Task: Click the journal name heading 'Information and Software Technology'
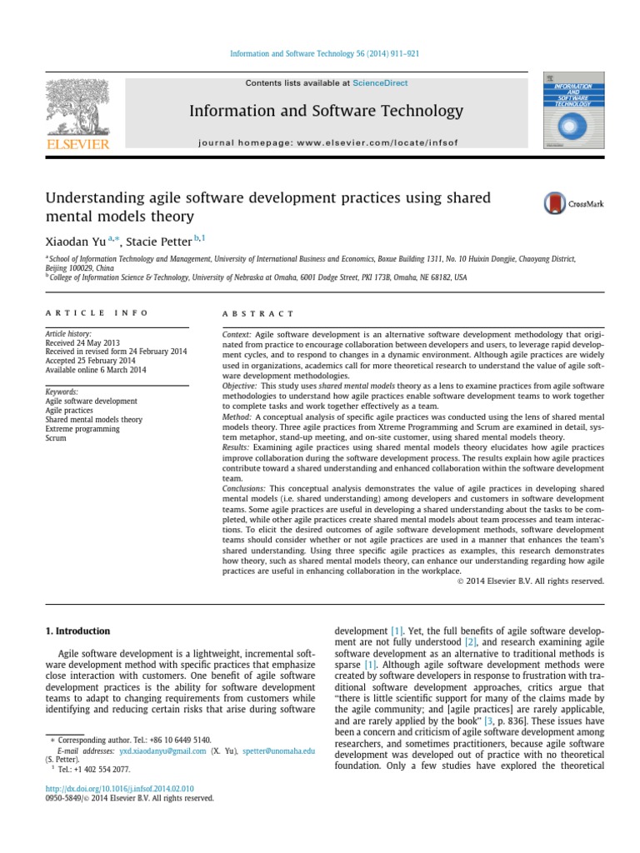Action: pyautogui.click(x=326, y=111)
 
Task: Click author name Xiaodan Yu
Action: pyautogui.click(x=80, y=242)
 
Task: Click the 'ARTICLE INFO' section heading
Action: pyautogui.click(x=97, y=313)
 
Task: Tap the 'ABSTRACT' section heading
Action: pyautogui.click(x=258, y=313)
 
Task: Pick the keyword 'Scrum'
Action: pyautogui.click(x=56, y=438)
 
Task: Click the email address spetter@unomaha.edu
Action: pyautogui.click(x=279, y=751)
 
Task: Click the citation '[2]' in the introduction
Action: pyautogui.click(x=472, y=643)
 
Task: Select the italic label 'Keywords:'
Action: pyautogui.click(x=62, y=392)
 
